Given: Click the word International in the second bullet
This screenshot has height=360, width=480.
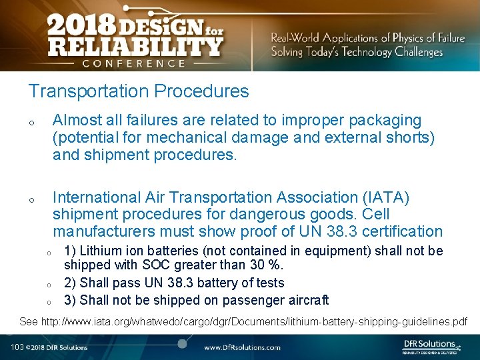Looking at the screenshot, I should (97, 198).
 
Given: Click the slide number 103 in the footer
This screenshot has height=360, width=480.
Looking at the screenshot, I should (17, 347).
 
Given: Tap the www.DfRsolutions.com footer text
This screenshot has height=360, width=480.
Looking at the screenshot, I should (242, 347).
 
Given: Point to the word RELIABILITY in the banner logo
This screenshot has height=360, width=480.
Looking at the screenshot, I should (135, 47).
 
